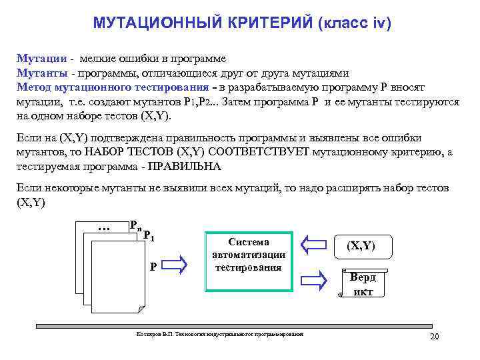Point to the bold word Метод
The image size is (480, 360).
[34, 87]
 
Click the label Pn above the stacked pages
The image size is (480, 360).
[135, 225]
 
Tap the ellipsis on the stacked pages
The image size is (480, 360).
[103, 228]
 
